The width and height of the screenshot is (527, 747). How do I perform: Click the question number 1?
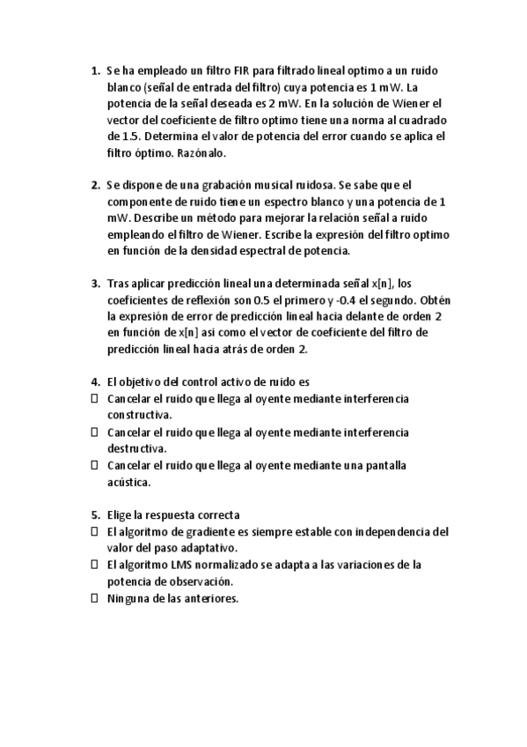94,70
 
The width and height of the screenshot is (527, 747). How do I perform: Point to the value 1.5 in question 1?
128,137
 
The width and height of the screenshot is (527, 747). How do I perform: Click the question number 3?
94,283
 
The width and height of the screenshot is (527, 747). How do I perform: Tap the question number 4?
94,381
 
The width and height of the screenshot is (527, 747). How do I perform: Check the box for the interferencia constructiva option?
94,399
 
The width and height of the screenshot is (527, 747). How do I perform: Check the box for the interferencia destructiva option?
94,433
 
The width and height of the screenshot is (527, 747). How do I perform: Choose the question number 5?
94,514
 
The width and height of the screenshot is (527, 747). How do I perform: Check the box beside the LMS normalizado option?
94,565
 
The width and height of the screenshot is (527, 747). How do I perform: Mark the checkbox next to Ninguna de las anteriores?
94,598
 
